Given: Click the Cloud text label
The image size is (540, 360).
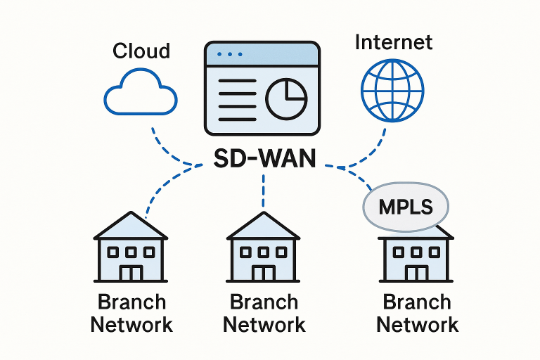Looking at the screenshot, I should point(141,51).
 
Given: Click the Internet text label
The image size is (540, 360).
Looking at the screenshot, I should point(393,42).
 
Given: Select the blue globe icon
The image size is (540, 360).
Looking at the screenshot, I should point(392,90).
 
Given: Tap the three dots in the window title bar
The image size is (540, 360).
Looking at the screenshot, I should point(229,53).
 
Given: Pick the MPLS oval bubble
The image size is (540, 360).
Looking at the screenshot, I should point(405,207).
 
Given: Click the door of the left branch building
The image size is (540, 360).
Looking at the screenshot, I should point(131,273).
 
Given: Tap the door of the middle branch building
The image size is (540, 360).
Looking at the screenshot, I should point(264,273).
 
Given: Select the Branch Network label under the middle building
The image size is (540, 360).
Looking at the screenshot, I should point(264,313).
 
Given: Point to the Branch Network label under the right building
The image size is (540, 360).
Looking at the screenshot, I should point(417,313).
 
